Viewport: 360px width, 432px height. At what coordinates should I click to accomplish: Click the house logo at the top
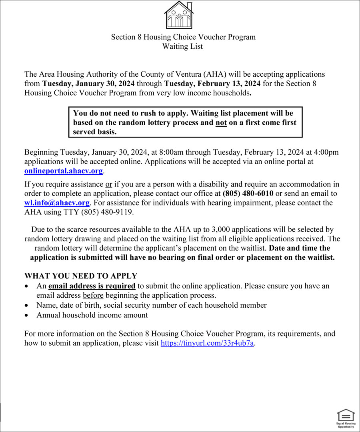pyautogui.click(x=179, y=15)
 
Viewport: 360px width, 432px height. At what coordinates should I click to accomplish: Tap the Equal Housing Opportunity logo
pyautogui.click(x=345, y=418)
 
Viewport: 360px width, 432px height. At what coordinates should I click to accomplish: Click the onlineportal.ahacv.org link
pyautogui.click(x=64, y=171)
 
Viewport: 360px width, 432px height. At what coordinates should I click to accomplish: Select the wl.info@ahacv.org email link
pyautogui.click(x=57, y=203)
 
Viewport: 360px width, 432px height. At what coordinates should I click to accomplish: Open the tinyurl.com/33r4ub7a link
pyautogui.click(x=207, y=343)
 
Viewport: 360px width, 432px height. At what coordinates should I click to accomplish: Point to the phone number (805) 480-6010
pyautogui.click(x=248, y=193)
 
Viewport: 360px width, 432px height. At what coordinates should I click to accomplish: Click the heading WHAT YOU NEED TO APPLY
pyautogui.click(x=81, y=276)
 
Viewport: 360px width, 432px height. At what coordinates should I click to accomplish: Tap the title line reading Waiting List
pyautogui.click(x=182, y=46)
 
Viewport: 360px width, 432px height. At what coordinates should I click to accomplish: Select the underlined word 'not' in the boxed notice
pyautogui.click(x=221, y=123)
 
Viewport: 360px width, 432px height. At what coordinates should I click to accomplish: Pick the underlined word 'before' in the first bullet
pyautogui.click(x=93, y=295)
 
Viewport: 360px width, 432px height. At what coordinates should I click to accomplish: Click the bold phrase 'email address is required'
pyautogui.click(x=92, y=286)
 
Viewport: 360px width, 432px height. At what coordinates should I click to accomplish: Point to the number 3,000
pyautogui.click(x=220, y=229)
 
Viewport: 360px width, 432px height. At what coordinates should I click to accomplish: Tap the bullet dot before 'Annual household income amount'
pyautogui.click(x=26, y=315)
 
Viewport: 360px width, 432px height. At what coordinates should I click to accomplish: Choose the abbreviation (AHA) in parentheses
pyautogui.click(x=215, y=74)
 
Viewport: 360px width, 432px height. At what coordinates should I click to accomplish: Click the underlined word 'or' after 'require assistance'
pyautogui.click(x=108, y=184)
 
